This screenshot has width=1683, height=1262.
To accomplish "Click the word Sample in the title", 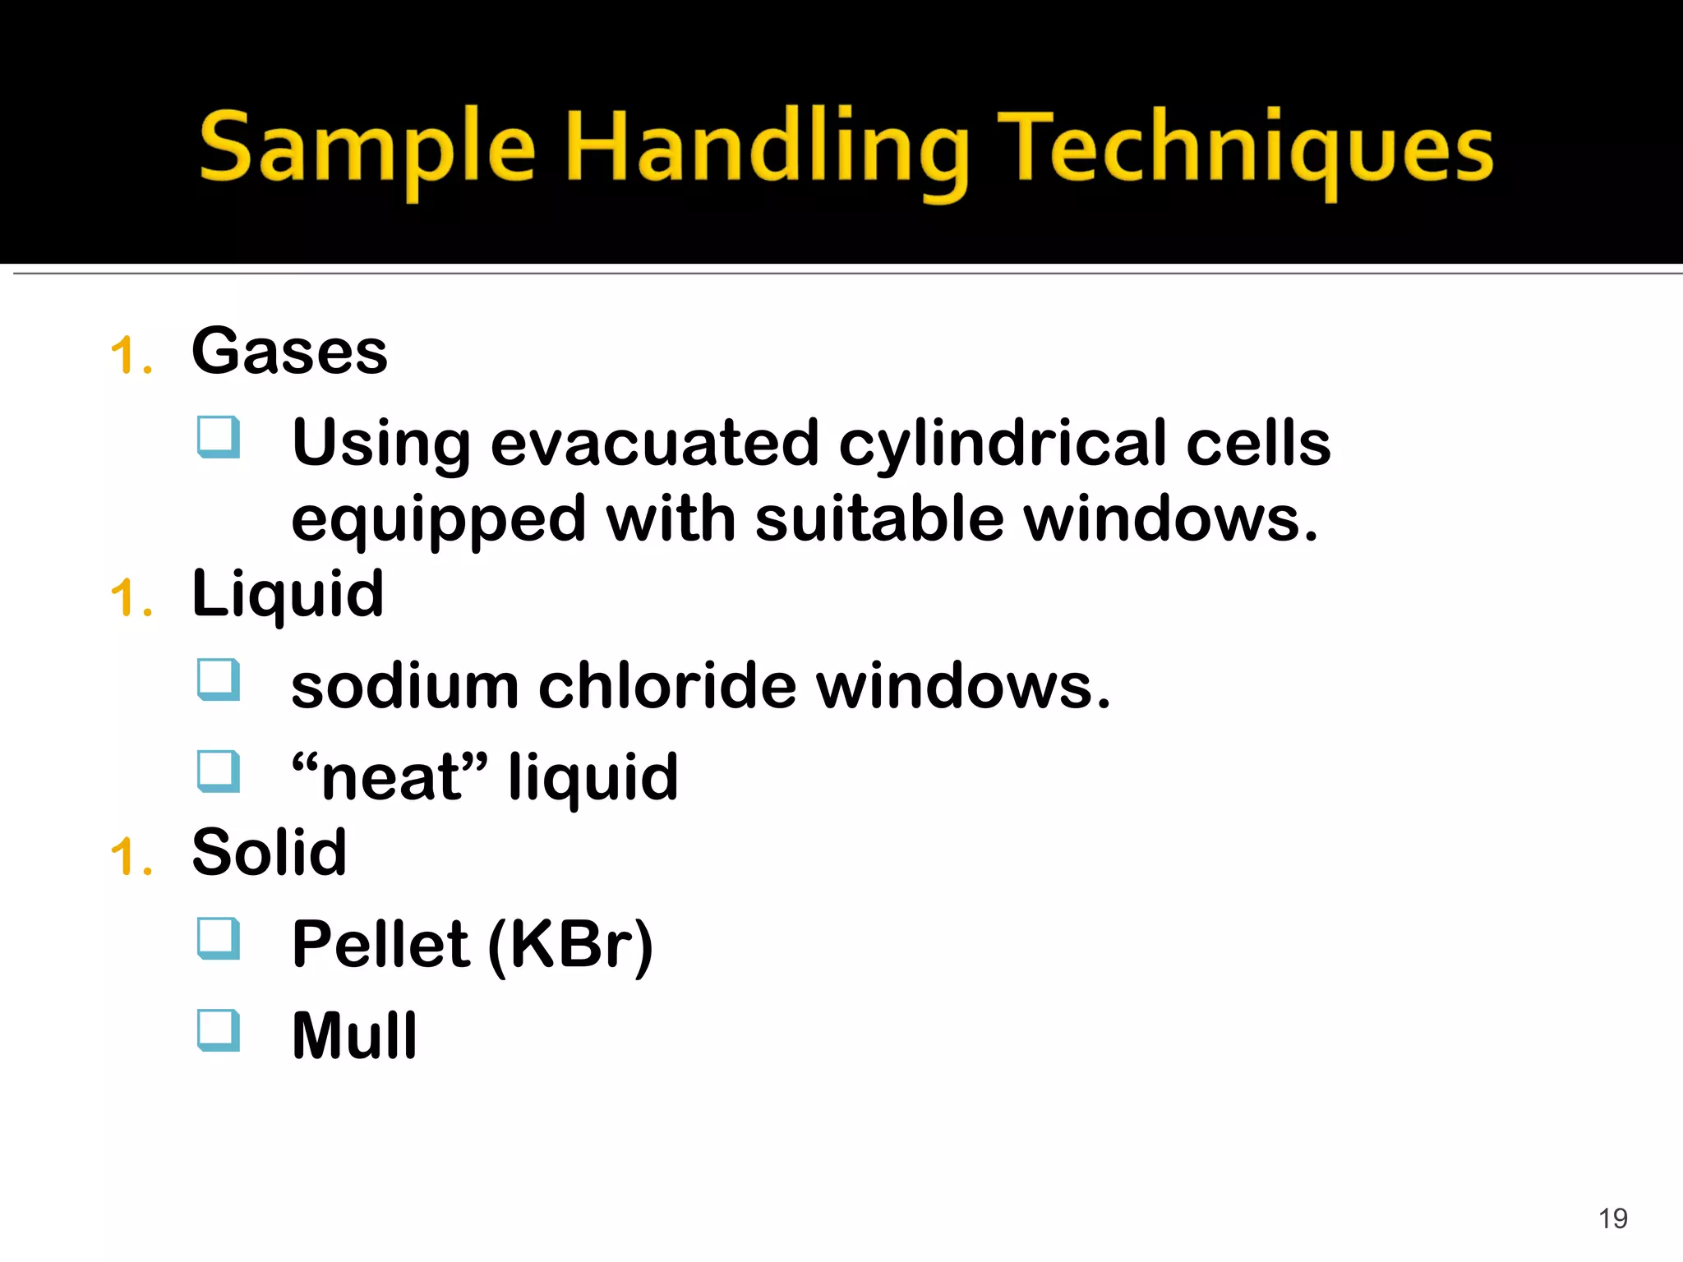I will tap(367, 148).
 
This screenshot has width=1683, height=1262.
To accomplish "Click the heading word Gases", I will tap(289, 352).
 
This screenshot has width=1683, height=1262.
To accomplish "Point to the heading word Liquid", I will tap(288, 594).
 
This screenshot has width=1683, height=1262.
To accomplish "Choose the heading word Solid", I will tap(269, 852).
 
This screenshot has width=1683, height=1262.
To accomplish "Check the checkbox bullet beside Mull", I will tap(219, 1029).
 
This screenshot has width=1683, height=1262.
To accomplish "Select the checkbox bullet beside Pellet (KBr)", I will tap(219, 938).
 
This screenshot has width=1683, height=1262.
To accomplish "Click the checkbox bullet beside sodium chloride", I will tap(219, 680).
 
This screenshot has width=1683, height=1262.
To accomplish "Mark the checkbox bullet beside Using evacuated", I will tap(219, 437).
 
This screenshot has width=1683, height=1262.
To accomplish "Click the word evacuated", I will tap(655, 444).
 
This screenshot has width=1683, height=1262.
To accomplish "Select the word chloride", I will tap(667, 686).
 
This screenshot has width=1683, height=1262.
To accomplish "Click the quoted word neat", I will tap(390, 776).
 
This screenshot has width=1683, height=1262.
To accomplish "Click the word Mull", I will tap(355, 1035).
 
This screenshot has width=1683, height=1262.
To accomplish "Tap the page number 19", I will tap(1613, 1218).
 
